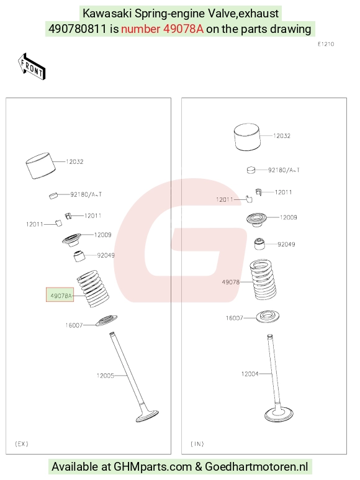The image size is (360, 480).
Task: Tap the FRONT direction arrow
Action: coord(31,67)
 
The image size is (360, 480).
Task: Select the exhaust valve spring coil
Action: coord(93,289)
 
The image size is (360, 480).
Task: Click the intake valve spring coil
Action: coord(263,280)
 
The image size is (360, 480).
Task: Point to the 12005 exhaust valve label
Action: coord(106,375)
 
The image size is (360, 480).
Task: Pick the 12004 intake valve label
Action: coord(250,373)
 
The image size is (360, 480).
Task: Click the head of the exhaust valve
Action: coord(148,416)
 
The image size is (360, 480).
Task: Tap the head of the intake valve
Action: coord(279,415)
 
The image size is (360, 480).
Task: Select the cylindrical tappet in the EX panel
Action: coord(41,166)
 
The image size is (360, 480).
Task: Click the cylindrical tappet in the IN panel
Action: coord(247,137)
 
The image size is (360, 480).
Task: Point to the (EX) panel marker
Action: coord(21,443)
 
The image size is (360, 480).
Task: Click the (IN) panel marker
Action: coord(197,443)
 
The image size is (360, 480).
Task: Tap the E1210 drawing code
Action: coord(326,44)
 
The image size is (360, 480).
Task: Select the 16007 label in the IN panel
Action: coord(234,318)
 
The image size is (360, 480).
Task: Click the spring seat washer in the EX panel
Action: coord(106,320)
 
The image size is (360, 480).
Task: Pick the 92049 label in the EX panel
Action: coord(106,255)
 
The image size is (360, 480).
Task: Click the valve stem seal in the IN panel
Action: coord(259,243)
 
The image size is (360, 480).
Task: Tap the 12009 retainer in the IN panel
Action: coord(256,219)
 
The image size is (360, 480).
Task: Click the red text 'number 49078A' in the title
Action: coord(162,29)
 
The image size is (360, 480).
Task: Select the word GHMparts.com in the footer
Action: coord(153,466)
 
